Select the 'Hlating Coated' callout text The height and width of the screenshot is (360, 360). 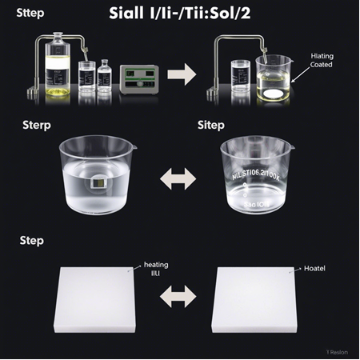326,61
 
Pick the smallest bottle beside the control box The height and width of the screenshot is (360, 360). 105,79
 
